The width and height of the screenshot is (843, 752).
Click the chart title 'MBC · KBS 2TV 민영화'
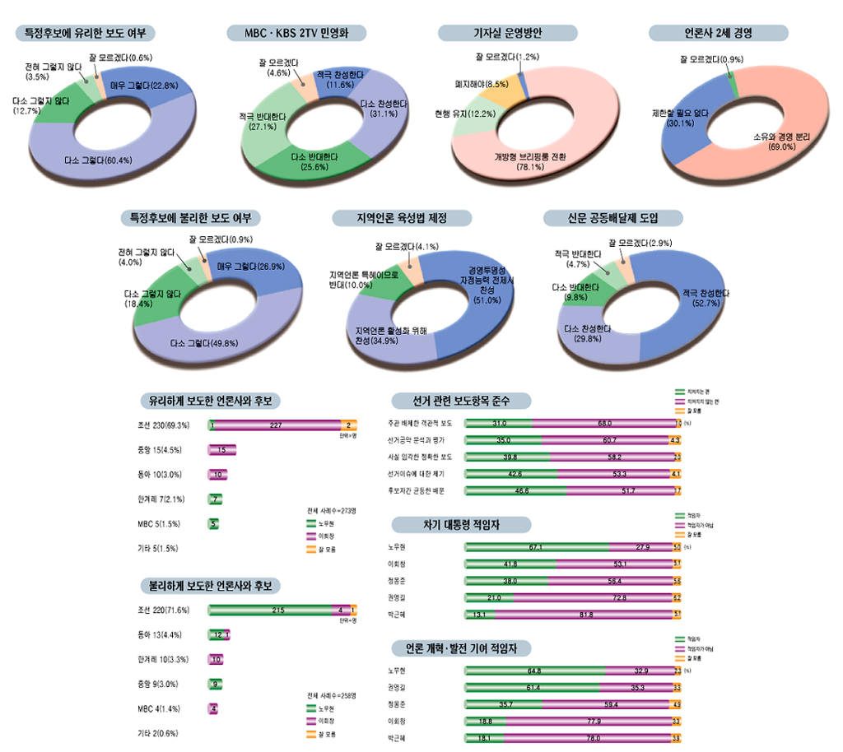coord(296,33)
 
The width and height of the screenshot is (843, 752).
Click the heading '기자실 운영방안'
coord(508,33)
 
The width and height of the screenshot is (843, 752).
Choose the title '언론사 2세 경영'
coord(718,33)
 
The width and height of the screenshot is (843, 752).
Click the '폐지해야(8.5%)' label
coord(482,84)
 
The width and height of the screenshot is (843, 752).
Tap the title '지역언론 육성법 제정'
coord(402,218)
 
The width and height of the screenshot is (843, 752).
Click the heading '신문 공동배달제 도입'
coord(613,218)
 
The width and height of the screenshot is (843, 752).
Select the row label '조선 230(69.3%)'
coord(165,425)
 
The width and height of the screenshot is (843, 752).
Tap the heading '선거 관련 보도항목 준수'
coord(461,402)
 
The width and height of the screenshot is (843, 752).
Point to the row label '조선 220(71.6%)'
coord(165,610)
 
